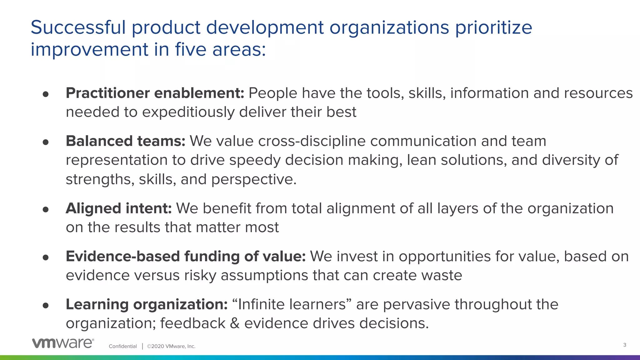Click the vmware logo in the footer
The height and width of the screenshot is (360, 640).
63,343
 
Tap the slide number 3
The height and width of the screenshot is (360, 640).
624,345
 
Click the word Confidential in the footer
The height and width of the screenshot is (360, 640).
123,346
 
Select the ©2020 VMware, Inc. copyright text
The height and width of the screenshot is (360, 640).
171,346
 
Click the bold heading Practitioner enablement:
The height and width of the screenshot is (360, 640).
155,93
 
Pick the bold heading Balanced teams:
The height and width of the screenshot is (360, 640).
125,141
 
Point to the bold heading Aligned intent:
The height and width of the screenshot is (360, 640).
118,208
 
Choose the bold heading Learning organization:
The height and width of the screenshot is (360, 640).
147,304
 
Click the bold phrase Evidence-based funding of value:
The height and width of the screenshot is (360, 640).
186,256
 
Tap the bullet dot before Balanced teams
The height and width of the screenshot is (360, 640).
46,142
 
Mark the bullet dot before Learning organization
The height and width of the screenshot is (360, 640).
46,305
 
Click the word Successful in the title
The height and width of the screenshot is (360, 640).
78,27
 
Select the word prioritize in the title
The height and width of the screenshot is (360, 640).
493,27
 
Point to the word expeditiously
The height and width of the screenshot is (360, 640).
188,112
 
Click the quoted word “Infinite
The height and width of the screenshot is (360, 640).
258,304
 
